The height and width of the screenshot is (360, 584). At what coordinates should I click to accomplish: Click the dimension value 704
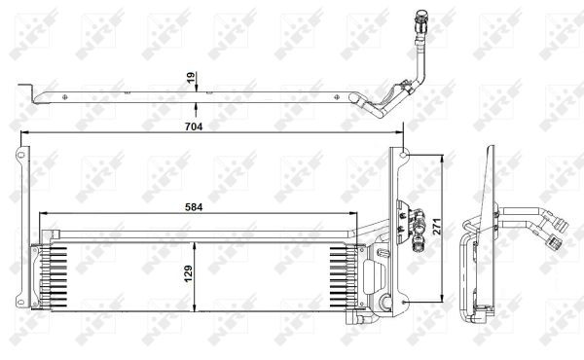click(194, 126)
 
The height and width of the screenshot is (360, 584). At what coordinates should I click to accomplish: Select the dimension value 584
click(194, 207)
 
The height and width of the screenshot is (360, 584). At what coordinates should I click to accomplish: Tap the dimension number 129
click(188, 273)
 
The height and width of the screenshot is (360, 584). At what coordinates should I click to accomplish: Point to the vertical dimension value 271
click(436, 226)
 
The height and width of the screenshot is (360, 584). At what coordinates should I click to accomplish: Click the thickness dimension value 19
click(191, 78)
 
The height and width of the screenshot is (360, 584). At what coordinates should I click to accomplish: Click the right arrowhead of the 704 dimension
click(399, 131)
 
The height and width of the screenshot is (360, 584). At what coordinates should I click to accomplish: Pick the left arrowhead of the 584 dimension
click(44, 213)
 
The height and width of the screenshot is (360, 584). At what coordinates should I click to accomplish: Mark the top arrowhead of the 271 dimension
click(442, 159)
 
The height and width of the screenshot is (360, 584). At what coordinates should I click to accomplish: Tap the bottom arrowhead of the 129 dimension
click(194, 306)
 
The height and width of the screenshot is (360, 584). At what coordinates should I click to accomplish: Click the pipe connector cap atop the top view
click(421, 16)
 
